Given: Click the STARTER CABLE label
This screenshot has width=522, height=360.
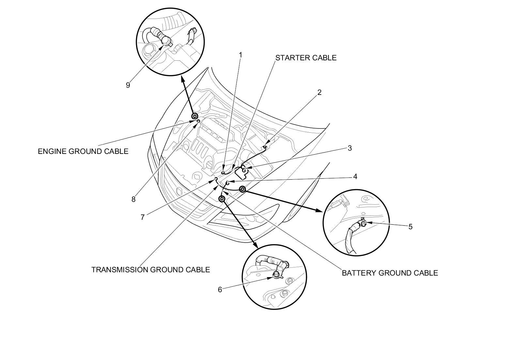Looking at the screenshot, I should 306,58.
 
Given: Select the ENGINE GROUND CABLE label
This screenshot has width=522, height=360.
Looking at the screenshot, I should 83,151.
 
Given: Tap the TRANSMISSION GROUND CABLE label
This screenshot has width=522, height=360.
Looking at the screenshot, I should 150,270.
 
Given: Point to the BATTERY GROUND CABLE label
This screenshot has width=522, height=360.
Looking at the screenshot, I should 390,273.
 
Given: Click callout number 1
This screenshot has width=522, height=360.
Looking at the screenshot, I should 241,55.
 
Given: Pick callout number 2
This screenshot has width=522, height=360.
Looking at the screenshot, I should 319,92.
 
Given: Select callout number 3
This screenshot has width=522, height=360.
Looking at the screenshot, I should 350,148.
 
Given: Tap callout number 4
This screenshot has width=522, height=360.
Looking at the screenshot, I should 355,176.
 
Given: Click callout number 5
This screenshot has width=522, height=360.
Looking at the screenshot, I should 410,226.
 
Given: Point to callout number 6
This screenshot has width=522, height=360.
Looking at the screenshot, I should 220,289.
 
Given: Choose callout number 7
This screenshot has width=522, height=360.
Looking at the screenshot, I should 143,217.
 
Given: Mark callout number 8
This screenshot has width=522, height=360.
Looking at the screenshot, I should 133,199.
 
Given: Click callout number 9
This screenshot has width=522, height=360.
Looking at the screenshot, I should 128,85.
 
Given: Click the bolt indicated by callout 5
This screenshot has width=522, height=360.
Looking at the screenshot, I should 364,223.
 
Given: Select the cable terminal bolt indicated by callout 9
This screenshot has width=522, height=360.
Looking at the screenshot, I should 166,41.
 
